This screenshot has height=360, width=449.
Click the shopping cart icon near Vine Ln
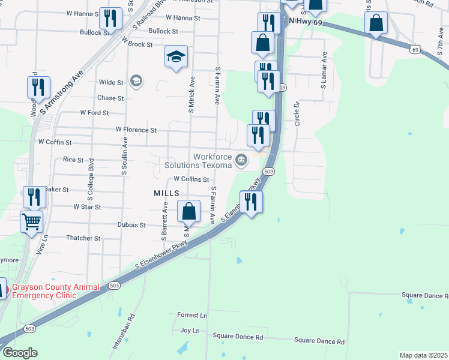click(31, 221)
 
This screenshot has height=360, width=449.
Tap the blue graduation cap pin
click(176, 57)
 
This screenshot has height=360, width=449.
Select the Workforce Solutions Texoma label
click(204, 161)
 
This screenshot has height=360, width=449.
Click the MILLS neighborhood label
click(166, 193)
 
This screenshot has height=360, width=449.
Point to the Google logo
click(19, 353)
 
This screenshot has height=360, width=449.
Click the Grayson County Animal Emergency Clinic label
click(55, 291)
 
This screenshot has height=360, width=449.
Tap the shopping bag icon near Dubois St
click(188, 211)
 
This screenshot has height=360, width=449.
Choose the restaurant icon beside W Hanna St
click(109, 18)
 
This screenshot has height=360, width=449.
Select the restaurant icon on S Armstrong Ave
click(38, 87)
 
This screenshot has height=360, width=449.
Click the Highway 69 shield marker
click(415, 49)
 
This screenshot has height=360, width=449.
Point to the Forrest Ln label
click(192, 315)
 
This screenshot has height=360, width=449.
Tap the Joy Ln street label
click(190, 330)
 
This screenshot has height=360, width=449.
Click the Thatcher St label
click(83, 238)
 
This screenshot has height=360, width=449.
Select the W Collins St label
click(191, 179)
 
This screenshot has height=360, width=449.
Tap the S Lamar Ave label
click(324, 70)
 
